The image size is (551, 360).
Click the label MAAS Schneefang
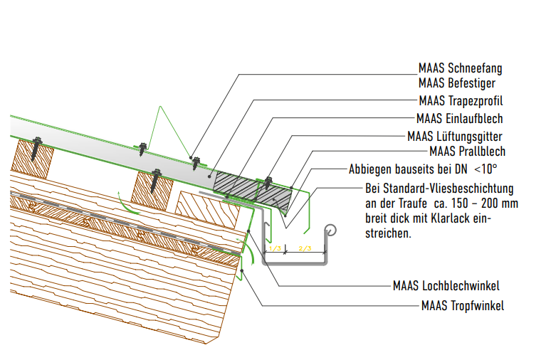(460, 69)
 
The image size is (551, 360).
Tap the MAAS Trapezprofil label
(461, 100)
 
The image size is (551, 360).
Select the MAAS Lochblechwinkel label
(446, 286)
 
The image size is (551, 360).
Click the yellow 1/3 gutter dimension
(274, 248)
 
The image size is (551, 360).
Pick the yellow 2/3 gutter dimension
(305, 248)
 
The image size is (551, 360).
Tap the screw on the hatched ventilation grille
(268, 182)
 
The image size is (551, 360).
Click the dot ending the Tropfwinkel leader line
(243, 271)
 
